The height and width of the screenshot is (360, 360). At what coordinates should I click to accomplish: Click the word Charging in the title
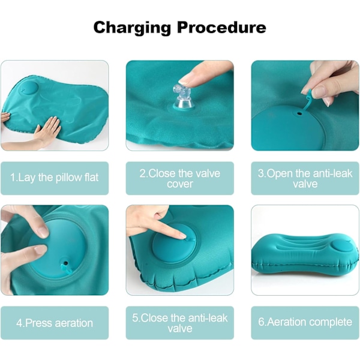pyautogui.click(x=132, y=28)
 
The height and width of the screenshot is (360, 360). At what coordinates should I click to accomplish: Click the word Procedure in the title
pyautogui.click(x=221, y=27)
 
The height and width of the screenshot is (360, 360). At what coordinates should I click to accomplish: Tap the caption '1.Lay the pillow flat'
pyautogui.click(x=55, y=178)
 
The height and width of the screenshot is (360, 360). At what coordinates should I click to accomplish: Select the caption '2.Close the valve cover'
pyautogui.click(x=180, y=178)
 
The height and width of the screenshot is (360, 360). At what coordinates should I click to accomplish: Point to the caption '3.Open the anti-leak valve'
pyautogui.click(x=305, y=178)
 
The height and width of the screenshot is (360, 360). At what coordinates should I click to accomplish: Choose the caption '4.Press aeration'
pyautogui.click(x=55, y=323)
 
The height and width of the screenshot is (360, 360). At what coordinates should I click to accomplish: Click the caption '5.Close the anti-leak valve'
pyautogui.click(x=180, y=323)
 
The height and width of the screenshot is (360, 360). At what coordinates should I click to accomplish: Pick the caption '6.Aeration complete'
pyautogui.click(x=305, y=322)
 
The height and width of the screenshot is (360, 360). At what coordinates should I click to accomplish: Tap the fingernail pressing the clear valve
pyautogui.click(x=187, y=81)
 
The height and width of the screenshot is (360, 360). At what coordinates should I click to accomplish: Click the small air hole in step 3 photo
pyautogui.click(x=299, y=113)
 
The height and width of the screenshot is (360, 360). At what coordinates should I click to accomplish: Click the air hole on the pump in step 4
pyautogui.click(x=66, y=262)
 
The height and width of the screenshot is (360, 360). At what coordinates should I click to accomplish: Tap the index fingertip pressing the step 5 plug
pyautogui.click(x=183, y=236)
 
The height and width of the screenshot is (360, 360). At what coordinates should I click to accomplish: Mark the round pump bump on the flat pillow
pyautogui.click(x=29, y=88)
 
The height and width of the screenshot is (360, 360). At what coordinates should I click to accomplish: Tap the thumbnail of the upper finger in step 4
pyautogui.click(x=43, y=231)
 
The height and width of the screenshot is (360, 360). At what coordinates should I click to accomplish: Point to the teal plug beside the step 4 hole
pyautogui.click(x=65, y=269)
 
